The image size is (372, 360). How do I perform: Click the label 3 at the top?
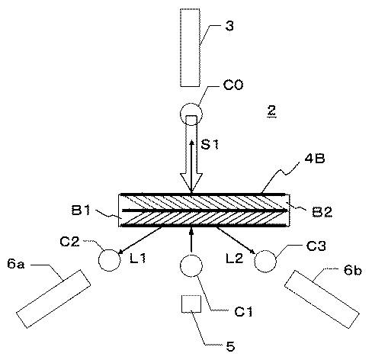pos(229,26)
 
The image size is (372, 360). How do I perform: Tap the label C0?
pos(233,85)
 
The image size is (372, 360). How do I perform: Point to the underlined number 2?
pos(271,111)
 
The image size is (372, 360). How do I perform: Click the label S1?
pos(210,144)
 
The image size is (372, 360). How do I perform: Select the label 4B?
pos(315,159)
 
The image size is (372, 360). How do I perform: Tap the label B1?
pos(81,210)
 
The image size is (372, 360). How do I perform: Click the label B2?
pos(322,212)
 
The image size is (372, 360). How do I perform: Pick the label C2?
pos(69,241)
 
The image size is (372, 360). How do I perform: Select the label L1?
pos(137,259)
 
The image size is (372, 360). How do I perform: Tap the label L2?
pos(235,259)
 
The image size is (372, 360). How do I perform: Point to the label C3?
pos(316,246)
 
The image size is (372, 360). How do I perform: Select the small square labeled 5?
pos(191,304)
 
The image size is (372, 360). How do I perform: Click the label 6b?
pos(353,270)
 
